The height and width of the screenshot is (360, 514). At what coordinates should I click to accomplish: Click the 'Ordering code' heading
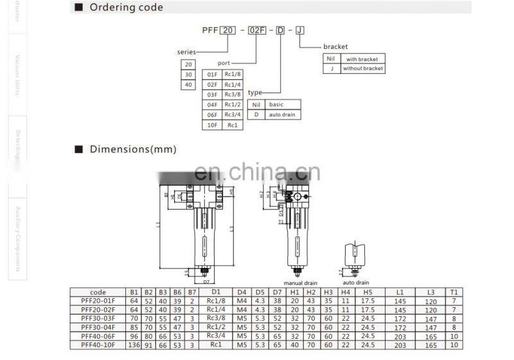127,8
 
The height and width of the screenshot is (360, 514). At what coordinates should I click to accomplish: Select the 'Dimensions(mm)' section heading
132,149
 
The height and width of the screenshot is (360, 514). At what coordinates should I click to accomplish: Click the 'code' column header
98,292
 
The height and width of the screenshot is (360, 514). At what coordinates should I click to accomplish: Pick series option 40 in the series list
188,85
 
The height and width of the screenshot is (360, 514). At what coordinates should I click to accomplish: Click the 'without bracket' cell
362,68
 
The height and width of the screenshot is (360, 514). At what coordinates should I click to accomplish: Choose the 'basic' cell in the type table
276,104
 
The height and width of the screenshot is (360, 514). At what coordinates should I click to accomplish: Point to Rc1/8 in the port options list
231,73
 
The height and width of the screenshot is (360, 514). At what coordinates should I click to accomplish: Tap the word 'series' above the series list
186,51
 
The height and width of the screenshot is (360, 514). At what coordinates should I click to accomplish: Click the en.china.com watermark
257,172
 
